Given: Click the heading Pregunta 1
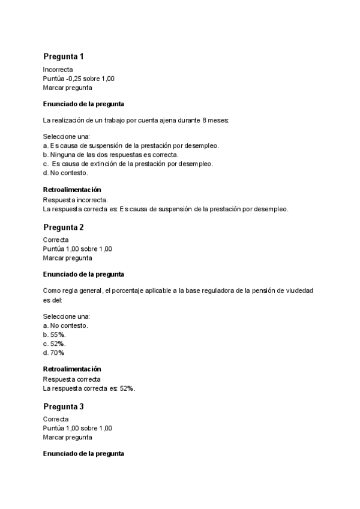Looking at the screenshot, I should pyautogui.click(x=63, y=56).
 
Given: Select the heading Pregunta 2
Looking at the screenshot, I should pyautogui.click(x=63, y=227).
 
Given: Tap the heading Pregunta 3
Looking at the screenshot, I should pyautogui.click(x=63, y=406).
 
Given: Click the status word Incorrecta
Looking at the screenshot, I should pyautogui.click(x=58, y=70).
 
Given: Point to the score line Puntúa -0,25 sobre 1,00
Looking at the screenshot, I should pyautogui.click(x=79, y=79).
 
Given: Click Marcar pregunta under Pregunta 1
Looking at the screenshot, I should pyautogui.click(x=67, y=88).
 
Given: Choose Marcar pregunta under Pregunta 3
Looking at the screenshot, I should pyautogui.click(x=67, y=438).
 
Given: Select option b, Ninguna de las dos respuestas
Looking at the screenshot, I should pyautogui.click(x=110, y=154).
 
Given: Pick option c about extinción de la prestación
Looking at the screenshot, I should pyautogui.click(x=128, y=163).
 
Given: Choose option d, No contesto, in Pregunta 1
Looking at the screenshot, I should pyautogui.click(x=65, y=172).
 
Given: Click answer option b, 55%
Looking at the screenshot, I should pyautogui.click(x=55, y=334).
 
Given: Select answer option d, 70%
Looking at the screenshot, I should pyautogui.click(x=54, y=352).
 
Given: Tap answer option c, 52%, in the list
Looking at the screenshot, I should pyautogui.click(x=54, y=343).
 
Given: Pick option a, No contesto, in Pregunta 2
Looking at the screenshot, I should pyautogui.click(x=65, y=325).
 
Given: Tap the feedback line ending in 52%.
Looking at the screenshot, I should pyautogui.click(x=89, y=388).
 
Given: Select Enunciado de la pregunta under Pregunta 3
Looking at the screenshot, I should pyautogui.click(x=83, y=454).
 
